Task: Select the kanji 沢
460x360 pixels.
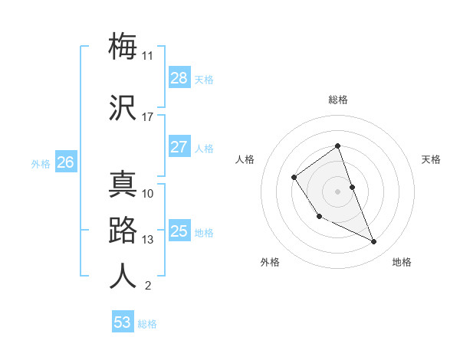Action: pos(123,108)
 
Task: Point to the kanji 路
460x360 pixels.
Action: pos(123,231)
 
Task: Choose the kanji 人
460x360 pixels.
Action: pos(123,276)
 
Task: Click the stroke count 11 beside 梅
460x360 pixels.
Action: pos(147,56)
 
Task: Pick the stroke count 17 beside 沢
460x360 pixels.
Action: pos(147,117)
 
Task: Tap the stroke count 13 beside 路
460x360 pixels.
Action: pos(147,240)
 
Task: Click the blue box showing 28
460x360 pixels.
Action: pos(179,78)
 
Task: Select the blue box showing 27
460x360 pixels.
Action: pos(179,147)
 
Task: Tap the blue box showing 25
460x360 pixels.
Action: pos(179,231)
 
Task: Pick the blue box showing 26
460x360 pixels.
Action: pos(65,162)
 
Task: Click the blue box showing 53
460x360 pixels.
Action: pos(122,322)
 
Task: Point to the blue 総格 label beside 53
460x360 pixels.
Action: pos(147,324)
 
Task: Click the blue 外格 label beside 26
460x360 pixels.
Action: pos(41,163)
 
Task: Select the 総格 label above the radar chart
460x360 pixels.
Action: pos(337,100)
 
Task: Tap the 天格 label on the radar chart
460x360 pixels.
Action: pos(431,159)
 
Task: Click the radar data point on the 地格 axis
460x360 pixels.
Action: pos(374,241)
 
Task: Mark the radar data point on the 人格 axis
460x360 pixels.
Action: pos(294,178)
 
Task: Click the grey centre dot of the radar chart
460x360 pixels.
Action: pos(337,191)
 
